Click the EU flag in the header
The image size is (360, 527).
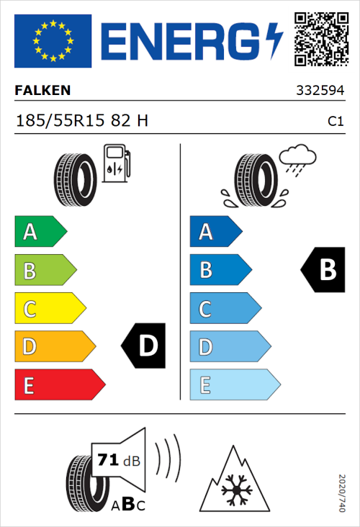click(53, 40)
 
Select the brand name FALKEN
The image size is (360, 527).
click(42, 91)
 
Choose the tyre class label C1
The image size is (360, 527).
click(335, 122)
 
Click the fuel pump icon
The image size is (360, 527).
click(117, 164)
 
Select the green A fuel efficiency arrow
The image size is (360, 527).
click(40, 232)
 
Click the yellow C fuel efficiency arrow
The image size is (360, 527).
click(49, 309)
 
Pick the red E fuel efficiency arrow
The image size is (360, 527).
click(58, 385)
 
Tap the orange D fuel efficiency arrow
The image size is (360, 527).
click(54, 347)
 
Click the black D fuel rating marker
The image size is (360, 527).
click(144, 346)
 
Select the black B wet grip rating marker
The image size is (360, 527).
click(323, 270)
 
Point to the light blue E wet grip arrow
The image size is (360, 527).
click(234, 385)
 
